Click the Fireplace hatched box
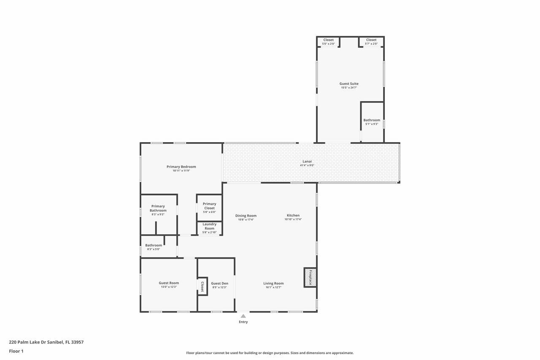click(x=310, y=277)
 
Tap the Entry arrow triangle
click(x=243, y=316)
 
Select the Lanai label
click(x=307, y=161)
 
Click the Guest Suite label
click(x=349, y=84)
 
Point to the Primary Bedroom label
click(x=181, y=167)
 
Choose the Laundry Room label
click(x=210, y=226)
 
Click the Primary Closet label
click(x=210, y=206)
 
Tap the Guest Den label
click(x=219, y=283)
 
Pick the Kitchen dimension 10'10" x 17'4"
click(x=293, y=219)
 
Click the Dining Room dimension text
click(x=246, y=219)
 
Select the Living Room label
click(x=273, y=283)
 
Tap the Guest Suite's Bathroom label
click(x=372, y=120)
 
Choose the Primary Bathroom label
click(x=158, y=208)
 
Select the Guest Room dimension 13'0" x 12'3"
click(x=169, y=287)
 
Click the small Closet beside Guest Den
click(x=202, y=287)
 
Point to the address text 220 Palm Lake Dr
click(x=36, y=342)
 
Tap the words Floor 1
click(x=16, y=351)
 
